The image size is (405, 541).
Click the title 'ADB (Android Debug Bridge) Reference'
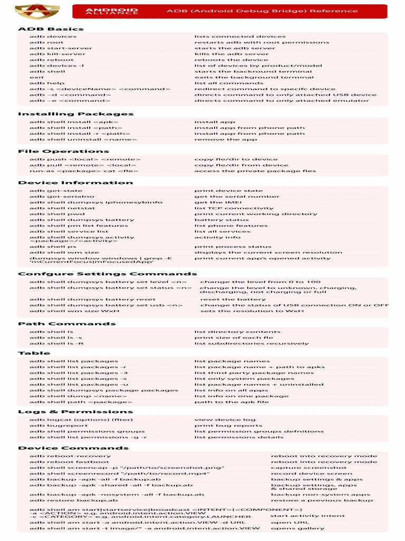262,11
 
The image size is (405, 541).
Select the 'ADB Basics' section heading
51,29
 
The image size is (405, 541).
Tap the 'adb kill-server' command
57,54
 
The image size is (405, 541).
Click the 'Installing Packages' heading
75,114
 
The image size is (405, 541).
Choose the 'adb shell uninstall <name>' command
80,139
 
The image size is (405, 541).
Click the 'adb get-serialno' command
59,197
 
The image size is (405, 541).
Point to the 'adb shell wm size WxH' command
74,311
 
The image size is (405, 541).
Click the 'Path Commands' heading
59,324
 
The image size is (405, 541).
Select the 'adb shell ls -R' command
56,343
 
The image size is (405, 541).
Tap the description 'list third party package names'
254,373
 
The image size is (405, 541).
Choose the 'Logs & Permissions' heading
75,412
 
